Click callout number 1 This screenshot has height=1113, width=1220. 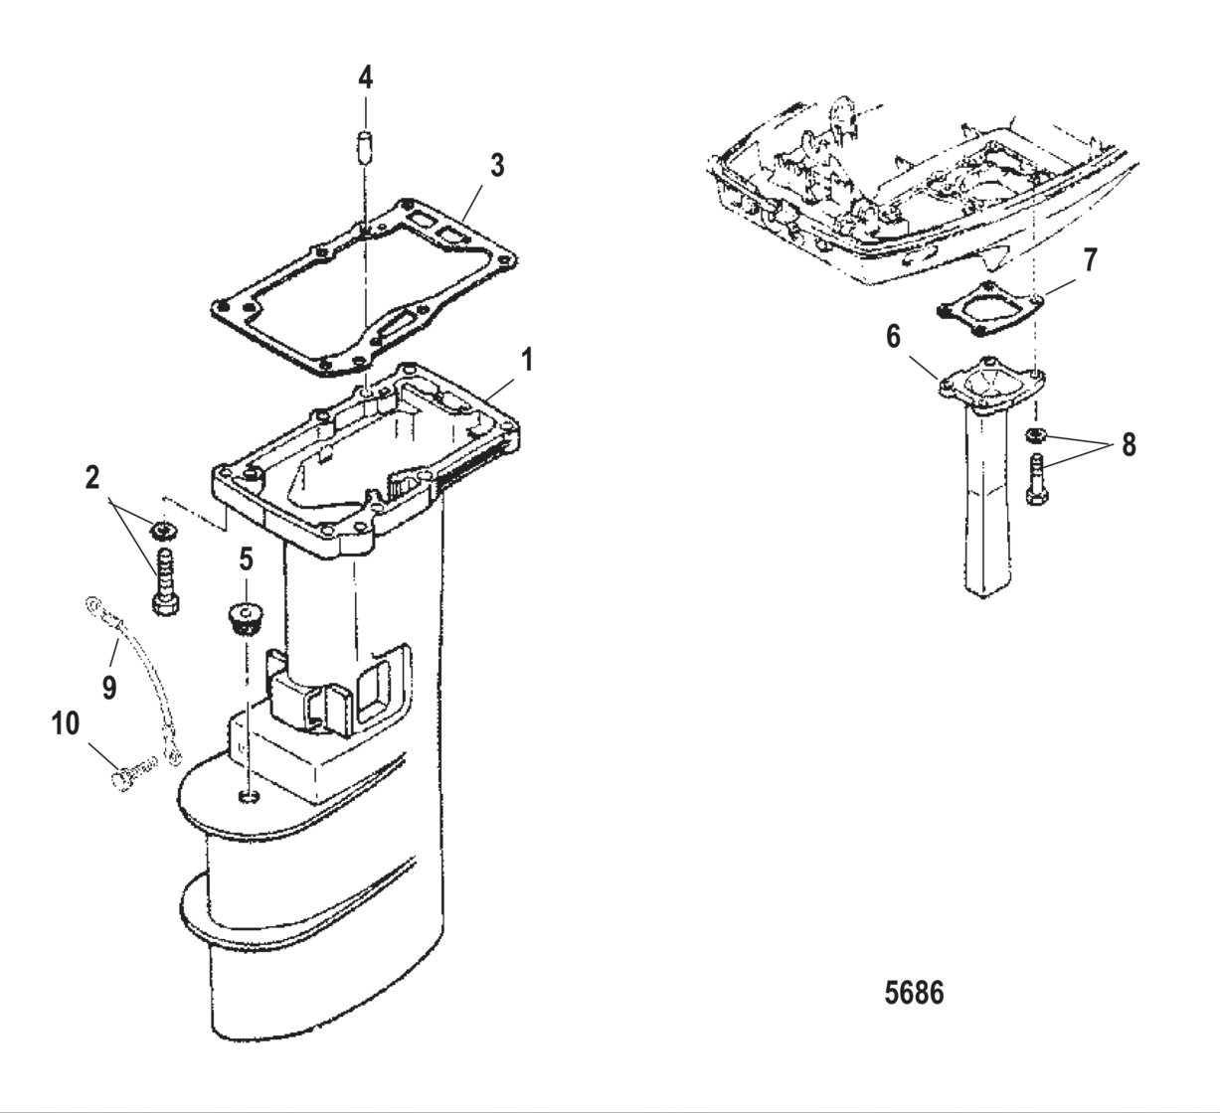528,360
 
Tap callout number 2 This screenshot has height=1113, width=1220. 92,478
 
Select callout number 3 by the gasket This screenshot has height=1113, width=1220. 497,166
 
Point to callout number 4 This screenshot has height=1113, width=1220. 366,77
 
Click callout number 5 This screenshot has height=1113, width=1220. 245,559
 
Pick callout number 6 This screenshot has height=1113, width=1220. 894,338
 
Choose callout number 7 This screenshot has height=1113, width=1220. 1091,260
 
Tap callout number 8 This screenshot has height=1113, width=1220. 1128,444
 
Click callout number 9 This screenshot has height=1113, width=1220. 108,686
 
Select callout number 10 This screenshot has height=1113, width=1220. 66,725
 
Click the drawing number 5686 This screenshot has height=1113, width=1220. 915,992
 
